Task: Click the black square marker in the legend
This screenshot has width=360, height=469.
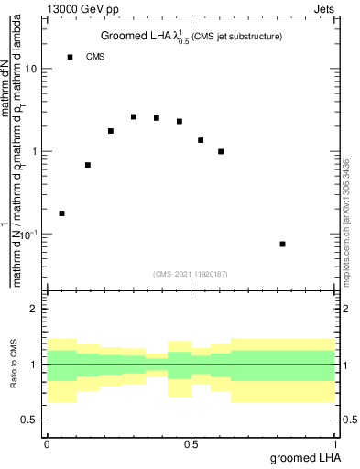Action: [70, 57]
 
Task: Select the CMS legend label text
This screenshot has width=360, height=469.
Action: [95, 57]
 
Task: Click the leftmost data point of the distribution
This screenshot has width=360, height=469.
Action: [61, 213]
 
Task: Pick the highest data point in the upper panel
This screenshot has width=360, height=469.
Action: [134, 117]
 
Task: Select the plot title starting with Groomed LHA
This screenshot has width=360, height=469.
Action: [191, 37]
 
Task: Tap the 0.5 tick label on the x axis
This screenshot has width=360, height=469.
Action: [191, 442]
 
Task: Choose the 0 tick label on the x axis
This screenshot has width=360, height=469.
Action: [47, 442]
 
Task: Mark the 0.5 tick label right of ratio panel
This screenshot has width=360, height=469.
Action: [347, 420]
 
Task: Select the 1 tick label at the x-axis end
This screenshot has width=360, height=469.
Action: [335, 442]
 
